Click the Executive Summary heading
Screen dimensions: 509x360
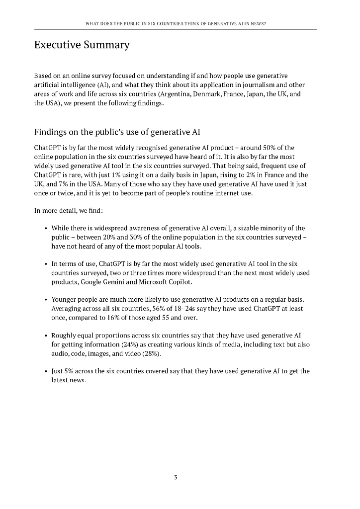click(x=82, y=45)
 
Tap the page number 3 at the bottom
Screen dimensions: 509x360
click(x=176, y=478)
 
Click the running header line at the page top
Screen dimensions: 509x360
click(x=176, y=23)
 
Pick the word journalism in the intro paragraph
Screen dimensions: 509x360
click(x=248, y=85)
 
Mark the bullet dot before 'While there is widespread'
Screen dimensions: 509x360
click(x=45, y=229)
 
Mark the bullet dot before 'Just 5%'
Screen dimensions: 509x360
click(x=45, y=371)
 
